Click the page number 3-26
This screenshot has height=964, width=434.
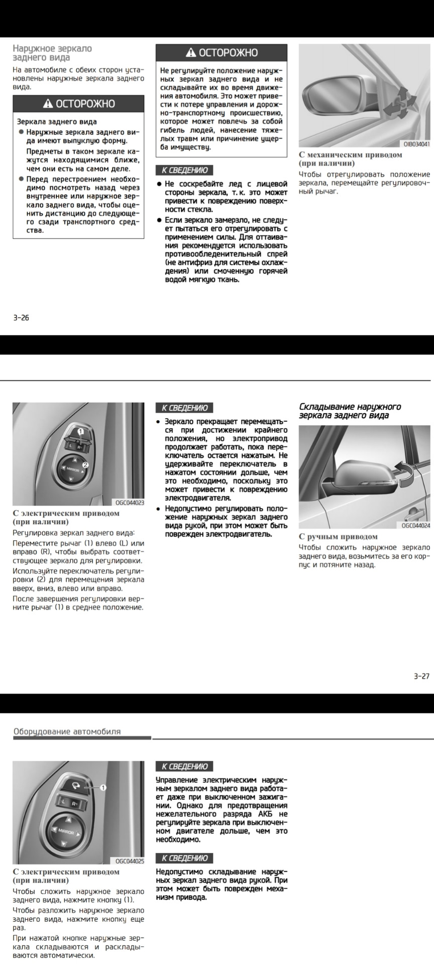(x=21, y=317)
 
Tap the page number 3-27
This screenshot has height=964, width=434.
(x=421, y=676)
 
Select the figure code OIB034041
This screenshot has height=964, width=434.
(x=416, y=144)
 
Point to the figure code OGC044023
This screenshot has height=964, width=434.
(x=130, y=502)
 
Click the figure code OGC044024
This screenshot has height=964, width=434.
(x=416, y=526)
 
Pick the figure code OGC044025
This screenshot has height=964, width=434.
(x=130, y=861)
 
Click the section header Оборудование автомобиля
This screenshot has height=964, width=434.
(x=67, y=732)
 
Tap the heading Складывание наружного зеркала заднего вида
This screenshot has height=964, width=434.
(x=350, y=411)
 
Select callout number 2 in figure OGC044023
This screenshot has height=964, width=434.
(x=85, y=465)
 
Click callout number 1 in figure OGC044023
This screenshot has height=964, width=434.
(x=80, y=432)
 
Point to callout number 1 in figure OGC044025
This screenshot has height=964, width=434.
(x=103, y=788)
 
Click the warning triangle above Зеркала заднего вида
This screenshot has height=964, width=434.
(x=48, y=104)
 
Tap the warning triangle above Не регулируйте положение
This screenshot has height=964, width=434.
(x=191, y=53)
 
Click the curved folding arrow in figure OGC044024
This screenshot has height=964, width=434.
(x=404, y=472)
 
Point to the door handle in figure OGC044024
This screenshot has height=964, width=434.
(x=413, y=513)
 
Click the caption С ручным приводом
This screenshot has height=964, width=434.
(x=338, y=537)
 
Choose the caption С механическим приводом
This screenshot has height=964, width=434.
(x=350, y=155)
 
